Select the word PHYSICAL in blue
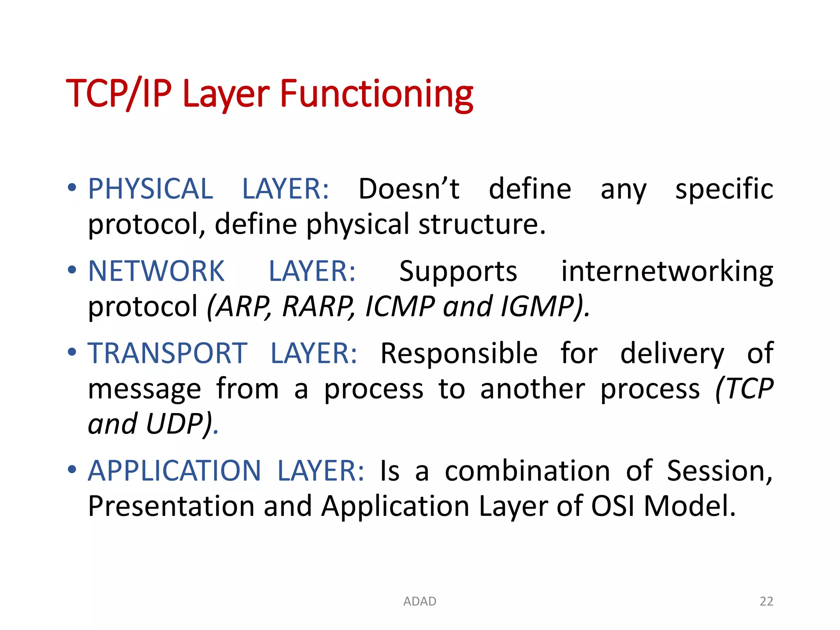click(151, 189)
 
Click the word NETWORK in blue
click(156, 271)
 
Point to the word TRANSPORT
click(167, 353)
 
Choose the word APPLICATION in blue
click(174, 470)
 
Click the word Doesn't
click(409, 189)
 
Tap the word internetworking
click(667, 271)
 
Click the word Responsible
click(459, 353)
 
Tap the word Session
click(719, 470)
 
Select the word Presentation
click(171, 506)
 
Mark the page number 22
click(766, 601)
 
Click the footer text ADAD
click(420, 601)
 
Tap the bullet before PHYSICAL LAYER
click(72, 188)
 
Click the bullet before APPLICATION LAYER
click(72, 470)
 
